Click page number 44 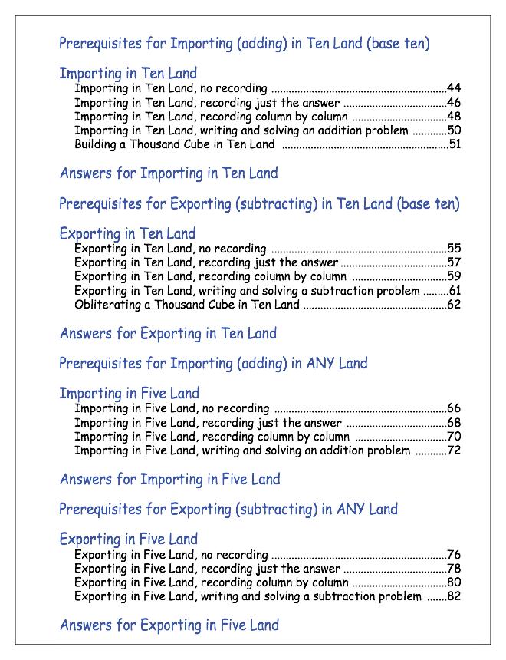pyautogui.click(x=454, y=88)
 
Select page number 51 pyautogui.click(x=454, y=144)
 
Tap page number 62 pyautogui.click(x=454, y=305)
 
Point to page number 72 pyautogui.click(x=454, y=450)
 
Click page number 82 pyautogui.click(x=454, y=596)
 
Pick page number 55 pyautogui.click(x=454, y=249)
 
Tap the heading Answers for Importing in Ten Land pyautogui.click(x=169, y=173)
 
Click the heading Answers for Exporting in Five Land pyautogui.click(x=169, y=625)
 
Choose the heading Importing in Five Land pyautogui.click(x=129, y=393)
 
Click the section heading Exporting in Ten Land pyautogui.click(x=127, y=233)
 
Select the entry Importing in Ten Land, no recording pyautogui.click(x=171, y=88)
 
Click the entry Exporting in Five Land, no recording pyautogui.click(x=171, y=554)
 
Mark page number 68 pyautogui.click(x=454, y=423)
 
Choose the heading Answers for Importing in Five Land pyautogui.click(x=170, y=480)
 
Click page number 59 pyautogui.click(x=454, y=276)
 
